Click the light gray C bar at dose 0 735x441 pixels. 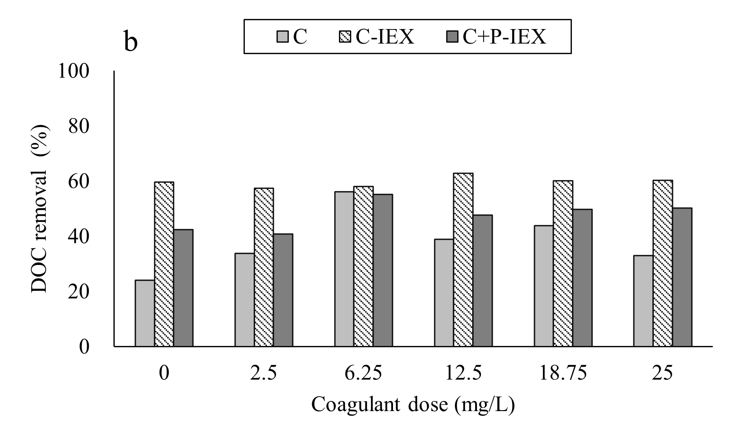coord(145,313)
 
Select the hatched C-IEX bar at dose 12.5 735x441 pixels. coord(463,260)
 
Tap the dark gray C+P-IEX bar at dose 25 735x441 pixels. coord(682,277)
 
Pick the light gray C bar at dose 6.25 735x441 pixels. coord(344,269)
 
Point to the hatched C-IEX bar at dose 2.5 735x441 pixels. coord(264,267)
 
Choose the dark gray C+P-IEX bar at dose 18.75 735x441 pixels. coord(582,278)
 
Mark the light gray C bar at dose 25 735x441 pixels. coord(643,301)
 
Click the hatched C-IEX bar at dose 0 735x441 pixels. coord(164,264)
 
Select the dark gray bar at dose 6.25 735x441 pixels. coord(383,270)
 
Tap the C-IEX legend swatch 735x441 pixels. coord(347,37)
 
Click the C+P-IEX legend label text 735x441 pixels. coord(504,37)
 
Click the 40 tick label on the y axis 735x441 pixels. coord(79,237)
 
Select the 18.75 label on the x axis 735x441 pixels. coord(563,374)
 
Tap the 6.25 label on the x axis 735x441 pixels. coord(363,374)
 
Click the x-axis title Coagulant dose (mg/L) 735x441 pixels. coord(413,404)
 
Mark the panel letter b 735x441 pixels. coord(131,43)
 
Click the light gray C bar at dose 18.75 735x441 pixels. coord(543,286)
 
